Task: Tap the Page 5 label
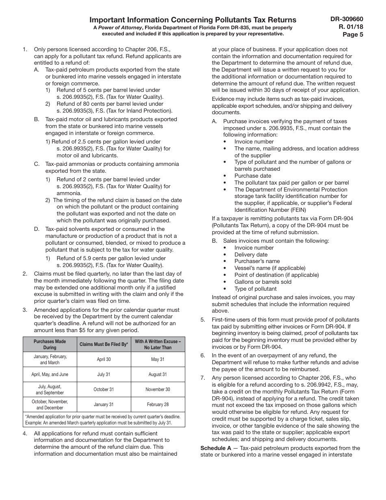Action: [x=353, y=34]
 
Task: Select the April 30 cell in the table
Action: [x=104, y=359]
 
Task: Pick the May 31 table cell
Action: [x=158, y=359]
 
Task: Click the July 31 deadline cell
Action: [x=104, y=374]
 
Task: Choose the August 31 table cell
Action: [x=158, y=374]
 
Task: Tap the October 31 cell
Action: [x=104, y=389]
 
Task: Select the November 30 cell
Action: [x=158, y=389]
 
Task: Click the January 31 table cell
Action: [x=104, y=404]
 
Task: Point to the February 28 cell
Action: [x=158, y=404]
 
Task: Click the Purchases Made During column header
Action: [x=50, y=344]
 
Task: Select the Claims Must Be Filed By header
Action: [x=104, y=344]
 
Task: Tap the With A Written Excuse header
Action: [x=158, y=344]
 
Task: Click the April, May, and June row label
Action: [x=50, y=374]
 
